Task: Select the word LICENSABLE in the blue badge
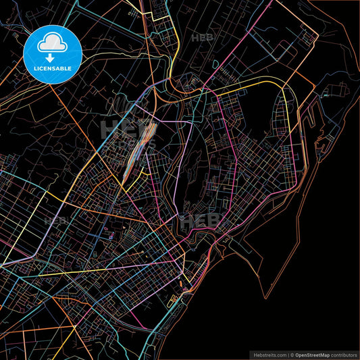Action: [x=53, y=68]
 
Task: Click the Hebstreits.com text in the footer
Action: [x=269, y=354]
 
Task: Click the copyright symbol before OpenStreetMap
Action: [x=292, y=354]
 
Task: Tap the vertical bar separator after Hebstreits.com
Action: [x=288, y=354]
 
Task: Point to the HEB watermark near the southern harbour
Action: [x=200, y=221]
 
